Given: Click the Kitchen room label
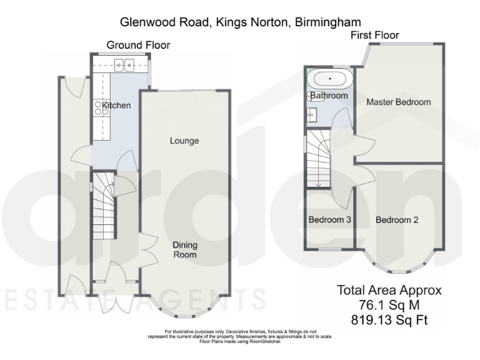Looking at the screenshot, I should [117, 105].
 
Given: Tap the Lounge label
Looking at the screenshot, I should [184, 141].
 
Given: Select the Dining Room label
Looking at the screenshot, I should [184, 250].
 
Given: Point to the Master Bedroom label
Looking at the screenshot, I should [399, 102].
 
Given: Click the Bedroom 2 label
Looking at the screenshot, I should [397, 220].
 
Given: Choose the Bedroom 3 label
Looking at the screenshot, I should [329, 220].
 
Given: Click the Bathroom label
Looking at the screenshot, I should [329, 96].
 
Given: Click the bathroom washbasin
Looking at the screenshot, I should [313, 114].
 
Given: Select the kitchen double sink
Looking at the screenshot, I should [124, 64].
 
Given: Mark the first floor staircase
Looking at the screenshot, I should [317, 159].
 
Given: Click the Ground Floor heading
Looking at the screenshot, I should [138, 45].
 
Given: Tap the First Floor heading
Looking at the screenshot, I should [374, 35].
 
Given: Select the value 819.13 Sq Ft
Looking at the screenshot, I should [389, 321].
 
